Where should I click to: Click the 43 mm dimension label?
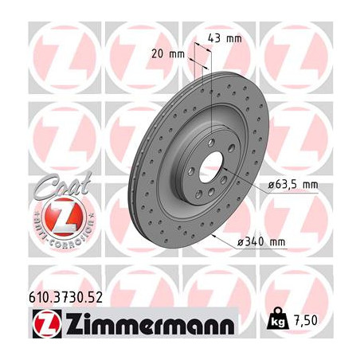tap(225, 38)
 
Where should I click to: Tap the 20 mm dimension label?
tap(168, 54)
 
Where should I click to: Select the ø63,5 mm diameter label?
tap(292, 184)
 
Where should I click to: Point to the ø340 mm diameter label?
tap(261, 242)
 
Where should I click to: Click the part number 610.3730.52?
tap(65, 297)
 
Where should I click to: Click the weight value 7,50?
tap(305, 321)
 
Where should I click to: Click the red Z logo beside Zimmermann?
tap(47, 324)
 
